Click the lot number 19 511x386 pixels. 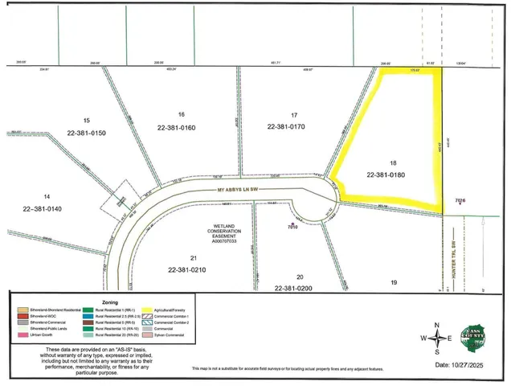click(x=394, y=282)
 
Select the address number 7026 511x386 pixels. click(x=460, y=200)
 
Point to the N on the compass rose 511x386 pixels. click(x=436, y=325)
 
